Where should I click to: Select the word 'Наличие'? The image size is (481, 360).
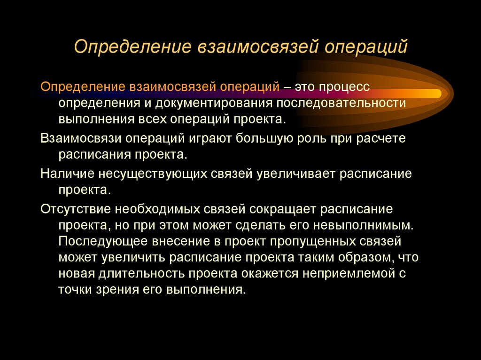pyautogui.click(x=67, y=174)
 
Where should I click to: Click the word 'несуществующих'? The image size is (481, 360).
pyautogui.click(x=149, y=174)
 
